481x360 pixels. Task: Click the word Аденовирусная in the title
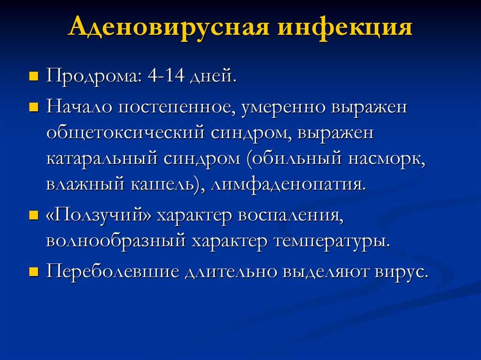click(x=169, y=27)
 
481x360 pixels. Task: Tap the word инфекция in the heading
click(x=345, y=27)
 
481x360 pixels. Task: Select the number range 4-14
click(x=166, y=76)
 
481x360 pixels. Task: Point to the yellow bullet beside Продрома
click(x=34, y=77)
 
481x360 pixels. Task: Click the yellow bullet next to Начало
click(x=34, y=108)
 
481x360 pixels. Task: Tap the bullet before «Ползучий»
click(x=34, y=215)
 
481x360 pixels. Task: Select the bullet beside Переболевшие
click(x=34, y=272)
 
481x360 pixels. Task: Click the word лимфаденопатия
click(x=289, y=185)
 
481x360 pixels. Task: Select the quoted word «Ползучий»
click(x=99, y=215)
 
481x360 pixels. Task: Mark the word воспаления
click(x=290, y=216)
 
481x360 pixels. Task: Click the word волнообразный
click(x=116, y=241)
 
